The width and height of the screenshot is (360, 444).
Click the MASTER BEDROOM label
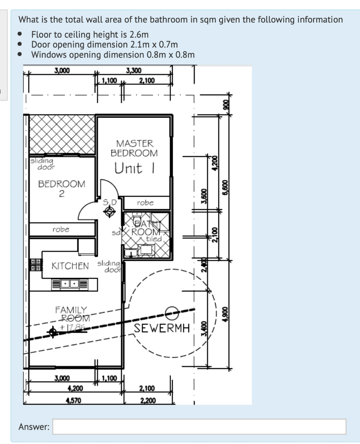click(x=134, y=148)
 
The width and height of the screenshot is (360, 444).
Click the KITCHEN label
click(x=70, y=265)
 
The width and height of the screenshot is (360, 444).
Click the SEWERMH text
click(x=162, y=328)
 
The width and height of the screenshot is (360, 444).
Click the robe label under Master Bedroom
click(x=145, y=202)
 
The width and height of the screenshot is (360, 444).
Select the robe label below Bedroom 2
click(x=61, y=229)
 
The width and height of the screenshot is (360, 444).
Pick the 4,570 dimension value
click(x=64, y=401)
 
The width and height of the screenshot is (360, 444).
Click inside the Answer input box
click(x=200, y=426)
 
